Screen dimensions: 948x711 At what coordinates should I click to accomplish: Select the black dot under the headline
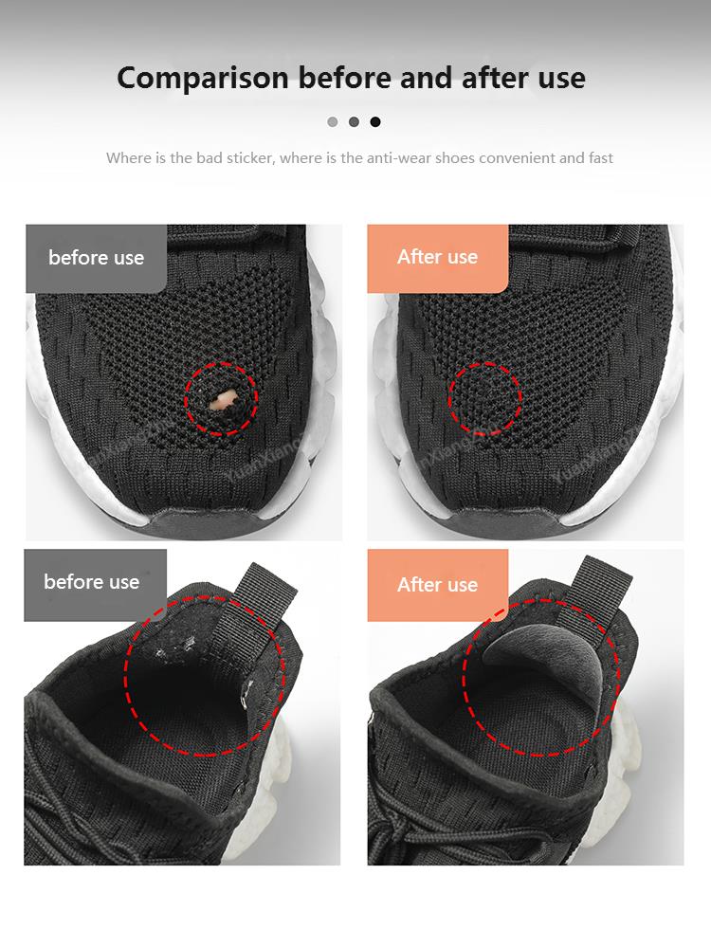tap(375, 121)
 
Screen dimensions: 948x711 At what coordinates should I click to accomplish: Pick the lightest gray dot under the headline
tap(332, 121)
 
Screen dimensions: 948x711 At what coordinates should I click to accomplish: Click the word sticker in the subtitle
tap(250, 157)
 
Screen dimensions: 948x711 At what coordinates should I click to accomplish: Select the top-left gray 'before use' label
tap(96, 258)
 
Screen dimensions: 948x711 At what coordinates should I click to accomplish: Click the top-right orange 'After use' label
tap(437, 258)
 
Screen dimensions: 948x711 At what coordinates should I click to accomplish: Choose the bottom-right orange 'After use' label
tap(437, 584)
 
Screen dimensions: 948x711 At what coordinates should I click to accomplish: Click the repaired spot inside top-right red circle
tap(484, 398)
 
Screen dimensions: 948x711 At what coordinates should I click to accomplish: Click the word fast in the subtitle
tap(600, 157)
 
